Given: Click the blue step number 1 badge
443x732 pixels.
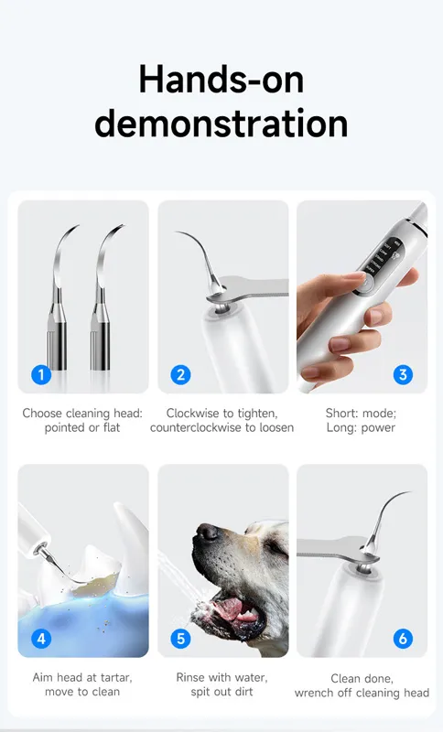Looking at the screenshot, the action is [41, 374].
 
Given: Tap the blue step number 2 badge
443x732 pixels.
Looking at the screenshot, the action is [180, 374].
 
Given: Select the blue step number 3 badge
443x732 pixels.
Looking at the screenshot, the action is [403, 374].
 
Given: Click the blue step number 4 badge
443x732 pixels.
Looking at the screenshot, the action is [41, 638].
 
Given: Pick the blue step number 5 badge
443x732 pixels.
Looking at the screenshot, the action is [180, 638].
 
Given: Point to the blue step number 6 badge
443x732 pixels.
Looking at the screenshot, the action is [403, 638].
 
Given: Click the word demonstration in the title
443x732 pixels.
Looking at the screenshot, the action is [221, 124].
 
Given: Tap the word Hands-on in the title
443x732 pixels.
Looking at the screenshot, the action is [221, 80].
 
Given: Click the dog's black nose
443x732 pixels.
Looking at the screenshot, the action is [207, 533].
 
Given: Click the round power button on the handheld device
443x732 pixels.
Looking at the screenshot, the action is [365, 283].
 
